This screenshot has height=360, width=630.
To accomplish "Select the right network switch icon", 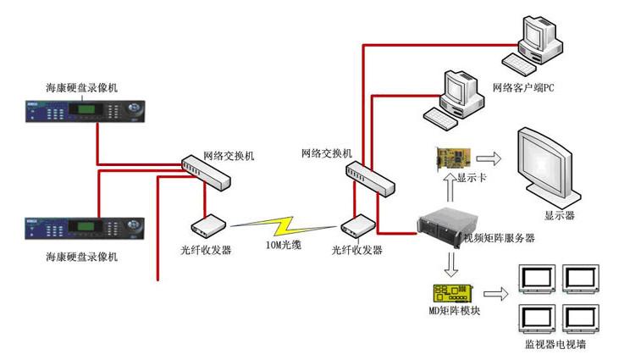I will tap(369, 174).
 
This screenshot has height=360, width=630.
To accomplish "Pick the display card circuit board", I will tap(453, 159).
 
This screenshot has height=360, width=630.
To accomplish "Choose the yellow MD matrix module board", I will tap(451, 294).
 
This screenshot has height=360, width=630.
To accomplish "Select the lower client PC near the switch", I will tap(455, 96).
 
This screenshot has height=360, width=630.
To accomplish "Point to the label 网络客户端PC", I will tap(523, 88).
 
